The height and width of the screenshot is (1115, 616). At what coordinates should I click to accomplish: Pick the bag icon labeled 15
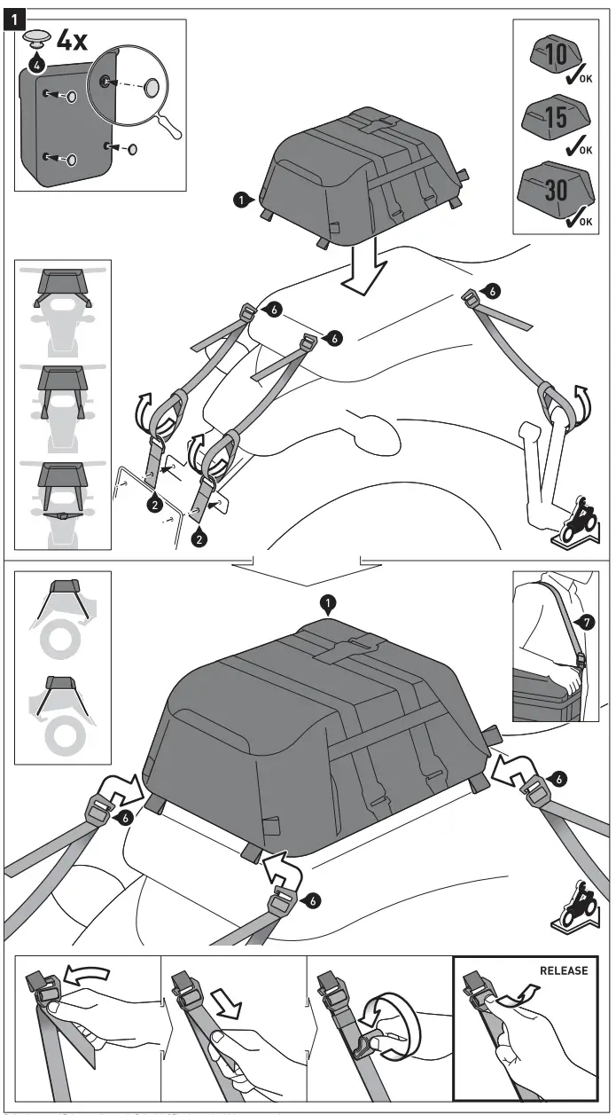[555, 119]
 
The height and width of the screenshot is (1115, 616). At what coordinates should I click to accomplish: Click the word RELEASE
[563, 970]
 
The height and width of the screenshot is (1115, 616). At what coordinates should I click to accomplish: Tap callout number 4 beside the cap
[36, 64]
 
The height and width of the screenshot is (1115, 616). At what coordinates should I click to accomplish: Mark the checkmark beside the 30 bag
[581, 214]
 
